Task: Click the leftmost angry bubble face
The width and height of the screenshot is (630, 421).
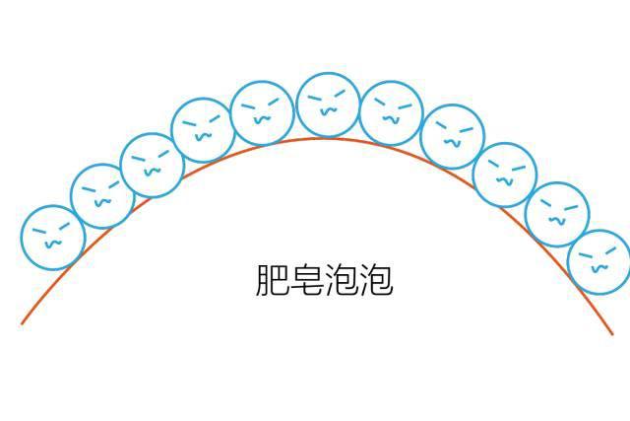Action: click(x=53, y=238)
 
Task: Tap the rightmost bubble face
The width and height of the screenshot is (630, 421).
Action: click(x=599, y=262)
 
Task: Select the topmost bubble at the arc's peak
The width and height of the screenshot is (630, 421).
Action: click(x=328, y=105)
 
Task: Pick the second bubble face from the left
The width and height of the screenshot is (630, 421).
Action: click(x=102, y=196)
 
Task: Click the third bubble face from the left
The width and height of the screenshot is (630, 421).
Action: click(x=153, y=165)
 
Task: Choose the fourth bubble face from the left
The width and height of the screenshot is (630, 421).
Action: click(x=204, y=130)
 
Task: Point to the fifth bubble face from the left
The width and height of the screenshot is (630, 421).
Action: click(x=263, y=113)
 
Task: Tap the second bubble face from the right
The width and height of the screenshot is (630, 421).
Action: click(x=558, y=214)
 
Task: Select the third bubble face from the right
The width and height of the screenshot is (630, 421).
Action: click(x=505, y=175)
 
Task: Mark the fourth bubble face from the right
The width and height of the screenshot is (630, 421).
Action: click(x=453, y=136)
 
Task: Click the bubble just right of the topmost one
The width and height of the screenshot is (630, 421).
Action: click(x=392, y=113)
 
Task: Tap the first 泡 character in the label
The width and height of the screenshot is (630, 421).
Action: click(x=342, y=280)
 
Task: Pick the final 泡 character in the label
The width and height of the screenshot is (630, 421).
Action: click(x=376, y=280)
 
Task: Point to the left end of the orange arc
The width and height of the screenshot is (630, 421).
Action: click(x=22, y=323)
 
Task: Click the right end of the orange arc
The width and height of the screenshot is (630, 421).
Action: click(x=612, y=334)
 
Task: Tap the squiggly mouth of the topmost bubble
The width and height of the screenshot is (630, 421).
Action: click(x=329, y=110)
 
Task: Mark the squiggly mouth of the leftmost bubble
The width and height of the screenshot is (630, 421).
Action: click(x=53, y=244)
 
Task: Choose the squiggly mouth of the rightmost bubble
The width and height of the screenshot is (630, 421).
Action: click(x=599, y=268)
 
